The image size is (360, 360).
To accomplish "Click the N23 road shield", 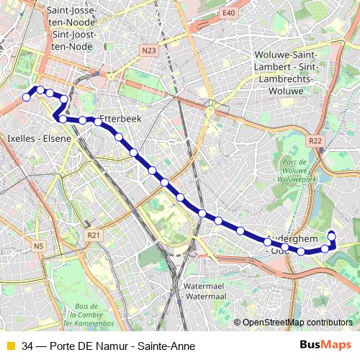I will pos(148,50).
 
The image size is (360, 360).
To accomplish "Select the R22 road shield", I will pos(315,141).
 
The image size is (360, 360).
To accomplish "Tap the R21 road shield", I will pos(92,235).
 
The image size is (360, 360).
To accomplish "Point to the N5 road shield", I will pos(38,247).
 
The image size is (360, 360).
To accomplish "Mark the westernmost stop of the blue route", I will pos(27,97).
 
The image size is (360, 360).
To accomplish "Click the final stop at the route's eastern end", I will pos(332,234).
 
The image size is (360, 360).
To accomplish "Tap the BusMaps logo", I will pos(325,345).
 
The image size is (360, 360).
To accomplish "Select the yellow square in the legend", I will pos(9,346).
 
